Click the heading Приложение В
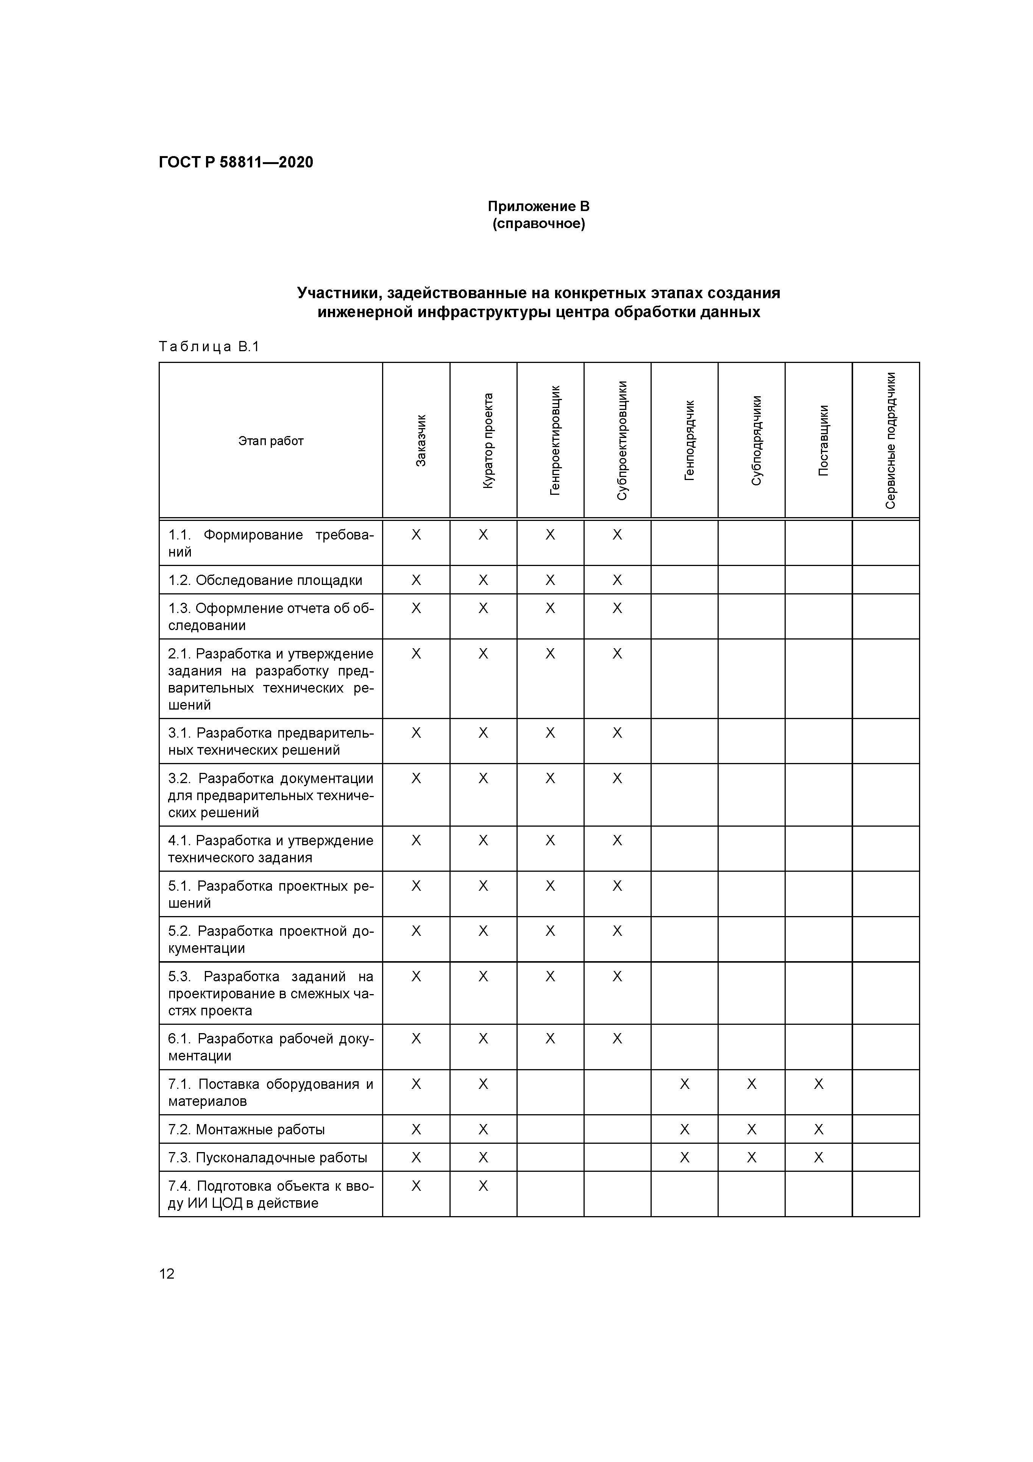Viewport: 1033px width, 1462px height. [538, 206]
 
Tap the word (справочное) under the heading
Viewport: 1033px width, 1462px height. [538, 224]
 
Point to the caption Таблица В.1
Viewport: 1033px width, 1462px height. [209, 347]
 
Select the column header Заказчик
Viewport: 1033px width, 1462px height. [421, 440]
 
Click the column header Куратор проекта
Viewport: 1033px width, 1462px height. [488, 440]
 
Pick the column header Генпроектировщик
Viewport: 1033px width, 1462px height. [555, 440]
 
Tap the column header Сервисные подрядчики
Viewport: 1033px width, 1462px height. [890, 440]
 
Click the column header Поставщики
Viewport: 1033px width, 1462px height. [823, 440]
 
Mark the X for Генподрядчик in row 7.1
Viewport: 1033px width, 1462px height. [684, 1084]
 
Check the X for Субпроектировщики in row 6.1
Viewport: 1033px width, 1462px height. [617, 1038]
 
